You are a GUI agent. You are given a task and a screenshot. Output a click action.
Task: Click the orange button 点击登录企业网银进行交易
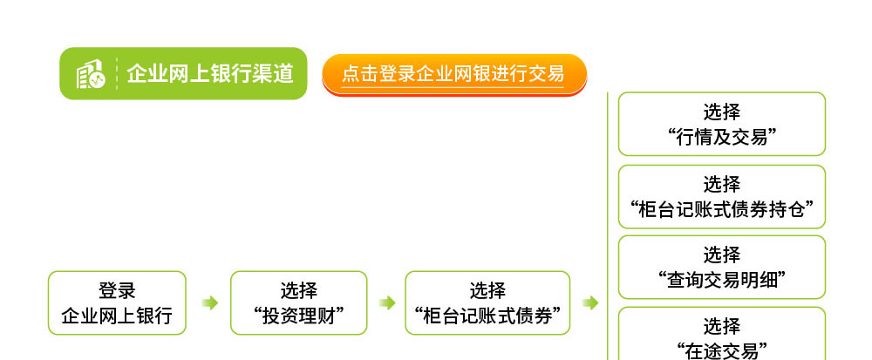click(x=454, y=74)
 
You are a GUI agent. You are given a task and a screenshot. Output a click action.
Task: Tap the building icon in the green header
click(x=90, y=74)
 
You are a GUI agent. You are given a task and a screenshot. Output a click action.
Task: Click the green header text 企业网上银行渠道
click(x=209, y=73)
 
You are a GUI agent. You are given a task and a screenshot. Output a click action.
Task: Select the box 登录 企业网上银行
click(x=117, y=302)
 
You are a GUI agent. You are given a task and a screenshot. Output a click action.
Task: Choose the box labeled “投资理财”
click(x=298, y=302)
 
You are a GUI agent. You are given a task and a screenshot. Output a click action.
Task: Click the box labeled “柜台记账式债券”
click(x=487, y=302)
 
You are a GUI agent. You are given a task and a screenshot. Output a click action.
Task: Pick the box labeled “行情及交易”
click(x=722, y=124)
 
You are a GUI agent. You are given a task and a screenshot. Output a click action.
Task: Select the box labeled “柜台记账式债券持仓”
click(x=722, y=197)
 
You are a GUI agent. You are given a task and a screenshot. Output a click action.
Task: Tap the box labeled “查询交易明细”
click(x=722, y=268)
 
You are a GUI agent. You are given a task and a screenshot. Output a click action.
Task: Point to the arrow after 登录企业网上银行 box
click(x=209, y=302)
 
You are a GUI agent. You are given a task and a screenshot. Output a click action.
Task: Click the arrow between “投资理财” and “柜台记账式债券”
click(x=387, y=302)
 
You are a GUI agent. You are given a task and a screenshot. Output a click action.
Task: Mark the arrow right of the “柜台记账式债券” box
click(x=590, y=302)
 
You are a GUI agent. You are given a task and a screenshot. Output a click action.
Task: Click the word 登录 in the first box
click(x=117, y=290)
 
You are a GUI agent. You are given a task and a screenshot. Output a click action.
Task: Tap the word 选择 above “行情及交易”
click(x=722, y=112)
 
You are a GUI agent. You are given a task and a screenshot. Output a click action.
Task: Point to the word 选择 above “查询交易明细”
click(x=722, y=255)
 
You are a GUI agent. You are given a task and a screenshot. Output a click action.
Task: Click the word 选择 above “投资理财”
click(x=298, y=290)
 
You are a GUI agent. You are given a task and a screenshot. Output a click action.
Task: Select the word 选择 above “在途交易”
click(x=722, y=326)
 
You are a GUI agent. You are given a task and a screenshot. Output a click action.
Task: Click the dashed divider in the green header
click(x=117, y=74)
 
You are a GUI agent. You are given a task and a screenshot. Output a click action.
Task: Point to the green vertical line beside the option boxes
click(x=608, y=226)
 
